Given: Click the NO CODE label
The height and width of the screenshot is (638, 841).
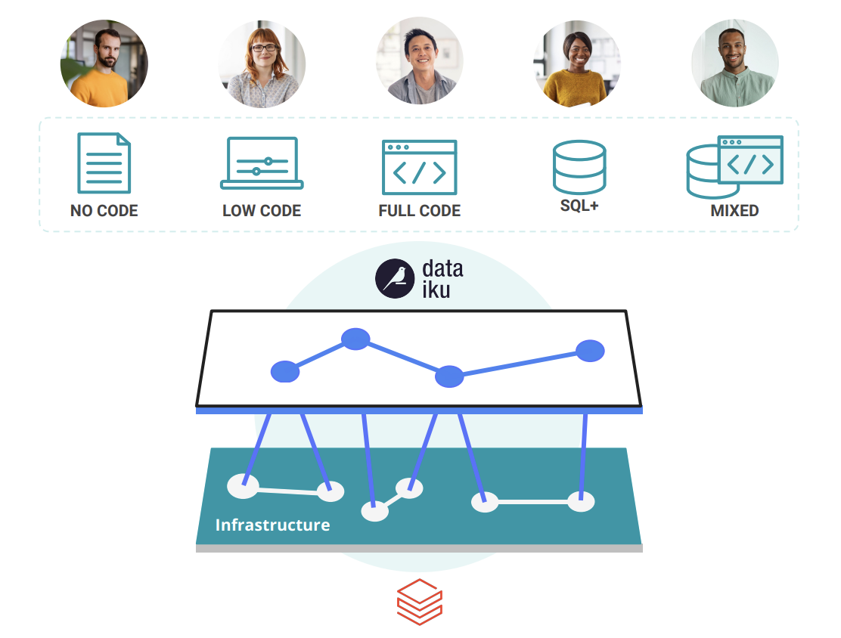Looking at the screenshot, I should pyautogui.click(x=104, y=211).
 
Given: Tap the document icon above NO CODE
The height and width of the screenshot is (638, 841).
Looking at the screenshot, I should pyautogui.click(x=104, y=163).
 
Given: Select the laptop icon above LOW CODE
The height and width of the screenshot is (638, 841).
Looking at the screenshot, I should pyautogui.click(x=262, y=163).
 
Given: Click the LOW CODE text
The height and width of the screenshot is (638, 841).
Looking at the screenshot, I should pyautogui.click(x=262, y=211).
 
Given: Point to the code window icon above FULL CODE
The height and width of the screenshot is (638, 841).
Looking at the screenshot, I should pyautogui.click(x=419, y=167).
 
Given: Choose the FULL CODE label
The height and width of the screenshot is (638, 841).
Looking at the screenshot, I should pyautogui.click(x=419, y=211).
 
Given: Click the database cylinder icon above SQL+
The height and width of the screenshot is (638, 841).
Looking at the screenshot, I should pyautogui.click(x=579, y=167).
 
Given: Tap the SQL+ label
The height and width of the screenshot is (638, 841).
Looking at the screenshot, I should pyautogui.click(x=579, y=206).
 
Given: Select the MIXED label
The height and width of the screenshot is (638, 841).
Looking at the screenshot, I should pyautogui.click(x=734, y=211).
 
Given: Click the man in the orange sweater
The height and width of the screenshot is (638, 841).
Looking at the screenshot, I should pyautogui.click(x=104, y=63).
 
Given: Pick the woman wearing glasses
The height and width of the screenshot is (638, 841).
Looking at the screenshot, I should pyautogui.click(x=262, y=63).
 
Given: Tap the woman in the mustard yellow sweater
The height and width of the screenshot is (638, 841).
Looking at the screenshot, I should pyautogui.click(x=577, y=63).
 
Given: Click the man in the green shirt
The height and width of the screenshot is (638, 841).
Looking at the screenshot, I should pyautogui.click(x=734, y=63).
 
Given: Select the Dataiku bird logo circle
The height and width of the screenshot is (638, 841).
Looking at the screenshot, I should pyautogui.click(x=395, y=278).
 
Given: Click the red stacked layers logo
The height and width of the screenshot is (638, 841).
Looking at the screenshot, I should pyautogui.click(x=419, y=602).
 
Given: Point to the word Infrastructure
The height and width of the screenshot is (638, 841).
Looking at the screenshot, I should pyautogui.click(x=272, y=525).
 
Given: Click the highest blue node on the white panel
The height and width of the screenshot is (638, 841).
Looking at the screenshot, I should pyautogui.click(x=355, y=339).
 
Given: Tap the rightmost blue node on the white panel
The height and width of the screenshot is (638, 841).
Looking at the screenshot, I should pyautogui.click(x=590, y=351).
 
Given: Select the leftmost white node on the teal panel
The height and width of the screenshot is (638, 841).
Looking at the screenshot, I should pyautogui.click(x=243, y=486).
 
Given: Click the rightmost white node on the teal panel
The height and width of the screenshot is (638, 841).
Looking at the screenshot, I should pyautogui.click(x=581, y=501).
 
